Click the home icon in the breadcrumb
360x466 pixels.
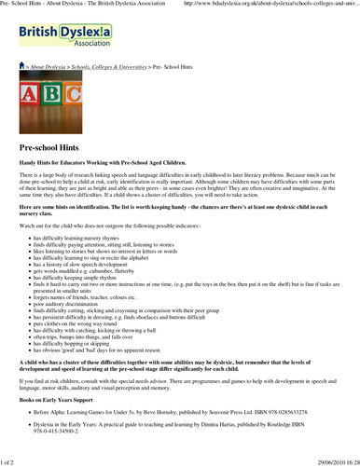(23, 68)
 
